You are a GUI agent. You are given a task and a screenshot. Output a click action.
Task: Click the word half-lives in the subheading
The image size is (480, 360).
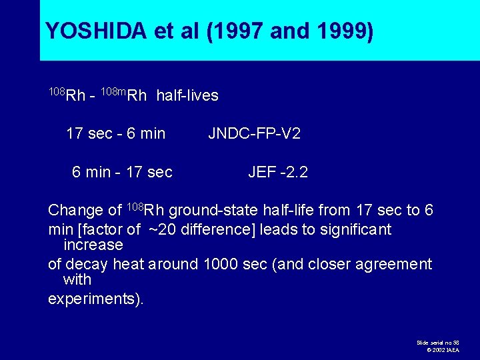click(x=187, y=96)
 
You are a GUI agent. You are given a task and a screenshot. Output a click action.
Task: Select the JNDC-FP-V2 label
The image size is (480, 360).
click(x=254, y=134)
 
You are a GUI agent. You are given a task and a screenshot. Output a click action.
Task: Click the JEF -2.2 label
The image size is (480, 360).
click(x=277, y=173)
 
